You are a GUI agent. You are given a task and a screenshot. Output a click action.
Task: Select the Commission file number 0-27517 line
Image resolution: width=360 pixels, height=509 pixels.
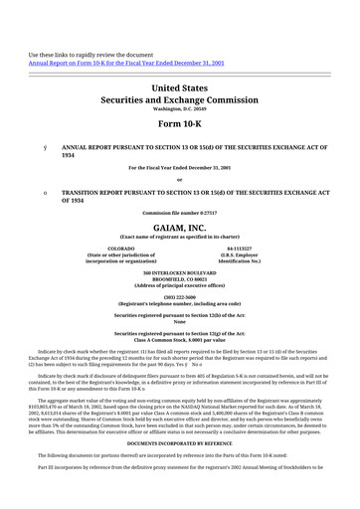point(179,213)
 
